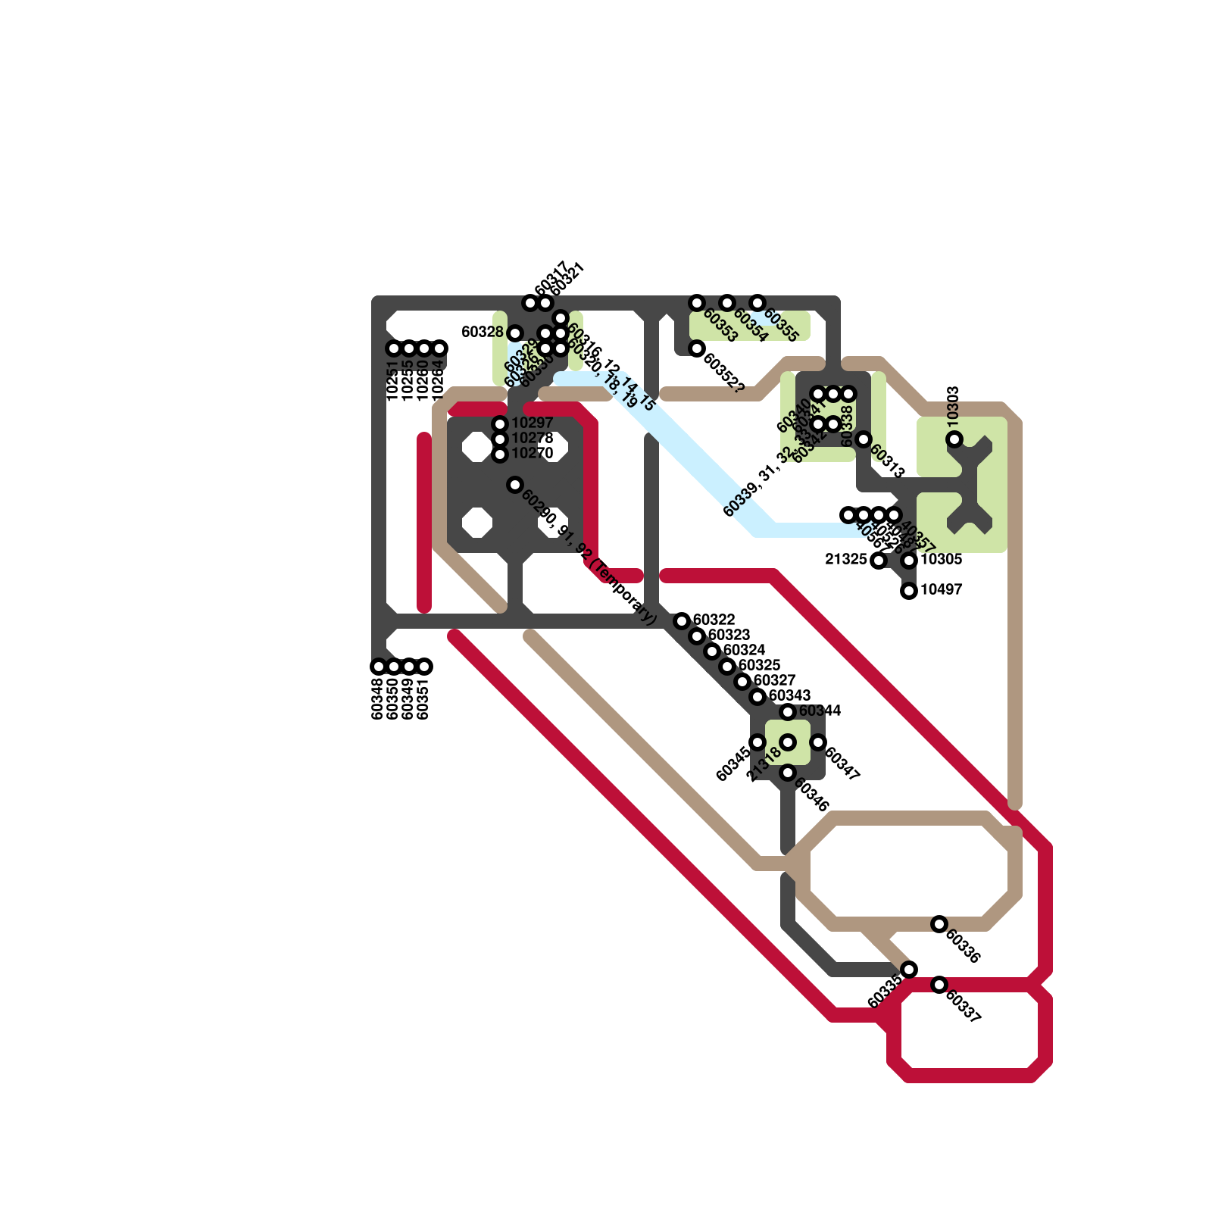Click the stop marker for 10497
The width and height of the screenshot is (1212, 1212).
coord(909,591)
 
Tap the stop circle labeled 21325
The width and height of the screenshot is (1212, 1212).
coord(879,561)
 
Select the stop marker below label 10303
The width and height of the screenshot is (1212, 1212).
coord(954,439)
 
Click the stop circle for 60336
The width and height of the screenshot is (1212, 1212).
coord(939,924)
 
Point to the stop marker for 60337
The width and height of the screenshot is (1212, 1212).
coord(939,985)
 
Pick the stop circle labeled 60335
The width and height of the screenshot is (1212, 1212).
coord(909,970)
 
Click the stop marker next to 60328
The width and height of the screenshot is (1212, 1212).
coord(515,333)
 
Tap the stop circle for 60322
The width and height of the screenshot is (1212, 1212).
coord(682,621)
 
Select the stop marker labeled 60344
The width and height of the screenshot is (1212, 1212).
coord(788,712)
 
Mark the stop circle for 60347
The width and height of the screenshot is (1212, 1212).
coord(818,742)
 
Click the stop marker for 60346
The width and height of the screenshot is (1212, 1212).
coord(788,773)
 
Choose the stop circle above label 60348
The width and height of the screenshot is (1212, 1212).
coord(379,667)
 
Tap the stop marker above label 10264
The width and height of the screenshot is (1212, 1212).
coord(439,348)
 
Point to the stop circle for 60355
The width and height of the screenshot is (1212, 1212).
coord(757,303)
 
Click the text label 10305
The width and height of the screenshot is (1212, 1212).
coord(941,560)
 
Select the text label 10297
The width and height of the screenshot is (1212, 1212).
coord(532,423)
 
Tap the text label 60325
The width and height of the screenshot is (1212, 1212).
coord(759,666)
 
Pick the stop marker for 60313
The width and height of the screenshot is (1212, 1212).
coord(864,439)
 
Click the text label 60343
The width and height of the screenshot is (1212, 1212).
coord(789,696)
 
